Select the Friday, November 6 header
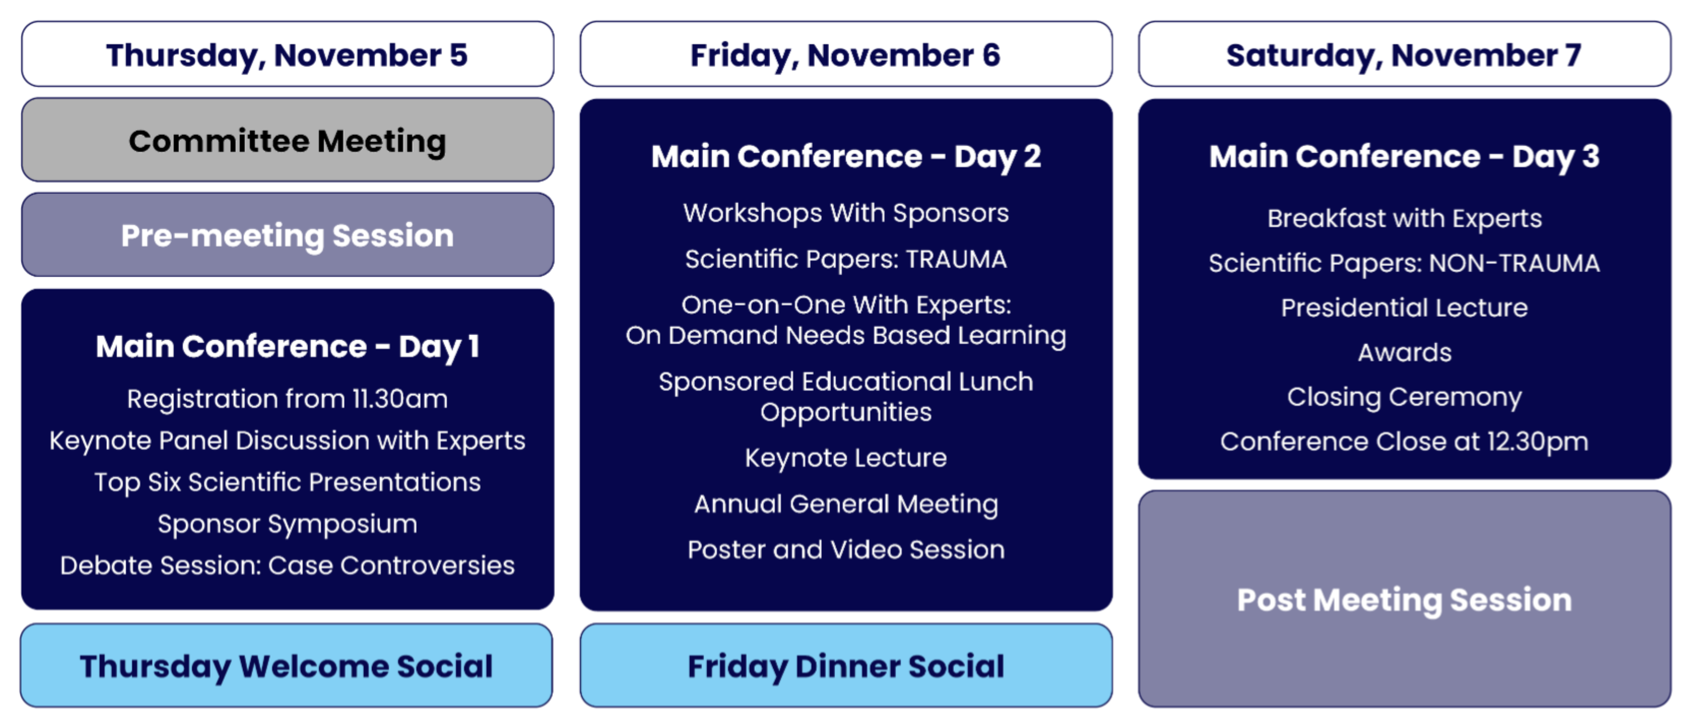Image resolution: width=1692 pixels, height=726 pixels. coord(846,54)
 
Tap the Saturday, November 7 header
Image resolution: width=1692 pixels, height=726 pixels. coord(1404,54)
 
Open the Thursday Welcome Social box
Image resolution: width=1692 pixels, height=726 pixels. coord(286,666)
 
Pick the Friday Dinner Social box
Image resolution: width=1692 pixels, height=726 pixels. coord(846,666)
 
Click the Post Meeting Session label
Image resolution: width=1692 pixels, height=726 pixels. coord(1404,600)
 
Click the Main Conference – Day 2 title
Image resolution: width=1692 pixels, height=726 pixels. coord(846,156)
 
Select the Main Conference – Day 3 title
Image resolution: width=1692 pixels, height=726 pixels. coord(1404,156)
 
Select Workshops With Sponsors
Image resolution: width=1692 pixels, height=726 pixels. coord(846,213)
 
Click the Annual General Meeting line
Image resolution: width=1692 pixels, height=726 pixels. coord(846,504)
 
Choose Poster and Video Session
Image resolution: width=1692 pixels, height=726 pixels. coord(846,549)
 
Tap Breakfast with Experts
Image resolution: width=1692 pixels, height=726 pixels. coord(1404,218)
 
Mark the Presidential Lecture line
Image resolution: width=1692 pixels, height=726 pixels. coord(1404,308)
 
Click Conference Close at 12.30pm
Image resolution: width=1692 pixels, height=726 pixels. coord(1404,442)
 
